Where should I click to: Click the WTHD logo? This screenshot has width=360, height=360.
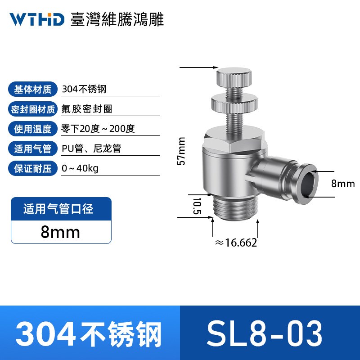pos(37,19)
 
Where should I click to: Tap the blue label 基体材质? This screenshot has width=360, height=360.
pos(33,89)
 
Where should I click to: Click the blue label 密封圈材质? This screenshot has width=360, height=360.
pos(33,109)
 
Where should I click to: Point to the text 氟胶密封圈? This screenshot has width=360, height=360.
pos(86,109)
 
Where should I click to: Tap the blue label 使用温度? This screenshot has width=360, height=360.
pos(33,129)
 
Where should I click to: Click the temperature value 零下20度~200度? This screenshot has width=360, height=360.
pos(98,129)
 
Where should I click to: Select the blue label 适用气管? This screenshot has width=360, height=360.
pos(33,148)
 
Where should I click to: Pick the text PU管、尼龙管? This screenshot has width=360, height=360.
pos(91,148)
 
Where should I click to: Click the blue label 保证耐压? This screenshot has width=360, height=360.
pos(33,168)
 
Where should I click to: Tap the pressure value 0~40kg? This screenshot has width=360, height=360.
pos(80,168)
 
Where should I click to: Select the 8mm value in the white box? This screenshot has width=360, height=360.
pos(60,232)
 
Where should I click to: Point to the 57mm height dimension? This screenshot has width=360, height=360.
pos(181,151)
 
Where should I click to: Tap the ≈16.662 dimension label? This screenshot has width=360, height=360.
pos(236,243)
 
